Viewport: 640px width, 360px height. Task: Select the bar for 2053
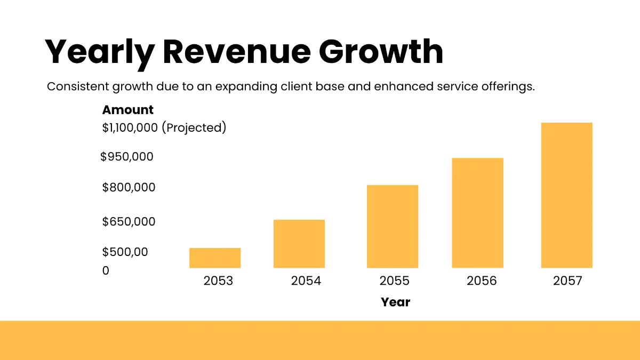pyautogui.click(x=215, y=258)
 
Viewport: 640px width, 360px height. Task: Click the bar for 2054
pyautogui.click(x=299, y=244)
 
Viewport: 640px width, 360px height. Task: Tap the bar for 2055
pyautogui.click(x=393, y=226)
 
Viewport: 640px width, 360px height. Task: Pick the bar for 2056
pyautogui.click(x=478, y=213)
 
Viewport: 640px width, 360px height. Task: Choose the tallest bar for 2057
pyautogui.click(x=567, y=195)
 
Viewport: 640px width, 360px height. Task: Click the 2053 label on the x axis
pyautogui.click(x=218, y=281)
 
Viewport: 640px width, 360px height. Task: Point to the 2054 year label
pyautogui.click(x=306, y=281)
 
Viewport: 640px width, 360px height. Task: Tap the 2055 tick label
pyautogui.click(x=395, y=281)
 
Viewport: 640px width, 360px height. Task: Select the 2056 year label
pyautogui.click(x=482, y=281)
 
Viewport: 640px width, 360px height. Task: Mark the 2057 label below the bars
pyautogui.click(x=567, y=281)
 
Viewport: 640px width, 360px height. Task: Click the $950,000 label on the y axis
pyautogui.click(x=127, y=157)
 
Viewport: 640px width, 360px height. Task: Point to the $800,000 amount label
pyautogui.click(x=129, y=188)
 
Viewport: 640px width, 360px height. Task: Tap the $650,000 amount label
pyautogui.click(x=129, y=221)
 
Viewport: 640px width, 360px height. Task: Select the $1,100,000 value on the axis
pyautogui.click(x=130, y=128)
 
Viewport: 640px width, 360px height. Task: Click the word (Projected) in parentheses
pyautogui.click(x=194, y=128)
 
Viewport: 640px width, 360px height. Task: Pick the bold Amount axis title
pyautogui.click(x=127, y=110)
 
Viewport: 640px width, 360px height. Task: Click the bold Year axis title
pyautogui.click(x=395, y=302)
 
